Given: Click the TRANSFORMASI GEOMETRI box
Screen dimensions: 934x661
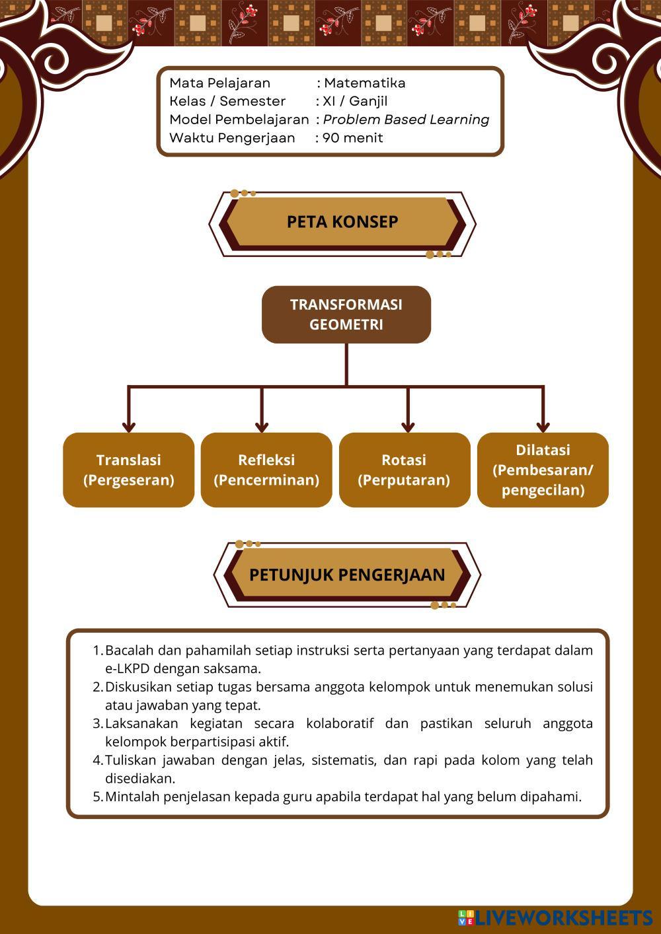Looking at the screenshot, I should point(346,314).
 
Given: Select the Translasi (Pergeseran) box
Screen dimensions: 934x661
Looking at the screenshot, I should point(129,470).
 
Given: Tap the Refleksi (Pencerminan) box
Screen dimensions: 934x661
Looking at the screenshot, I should point(266,470).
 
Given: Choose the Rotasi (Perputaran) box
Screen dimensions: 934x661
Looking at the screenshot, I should point(404,470).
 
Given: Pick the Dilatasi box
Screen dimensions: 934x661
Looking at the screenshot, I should point(543,470).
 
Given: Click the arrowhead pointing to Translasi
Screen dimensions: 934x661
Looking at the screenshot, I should point(129,426).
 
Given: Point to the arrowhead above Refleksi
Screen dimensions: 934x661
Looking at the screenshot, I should point(262,426).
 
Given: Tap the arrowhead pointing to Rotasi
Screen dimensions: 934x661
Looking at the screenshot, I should point(408,426).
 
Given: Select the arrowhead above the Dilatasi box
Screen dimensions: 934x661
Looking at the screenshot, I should point(543,426).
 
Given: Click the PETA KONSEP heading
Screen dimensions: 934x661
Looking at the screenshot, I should point(342,222).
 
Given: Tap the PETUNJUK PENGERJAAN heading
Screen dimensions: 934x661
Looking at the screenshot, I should point(347,575).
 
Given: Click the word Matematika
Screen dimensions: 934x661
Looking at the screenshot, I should point(365,83).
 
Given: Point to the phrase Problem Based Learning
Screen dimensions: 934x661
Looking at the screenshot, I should point(406,120).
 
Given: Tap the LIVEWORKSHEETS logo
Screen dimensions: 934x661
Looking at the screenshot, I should point(556,917).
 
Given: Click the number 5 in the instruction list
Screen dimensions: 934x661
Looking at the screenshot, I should point(97,797).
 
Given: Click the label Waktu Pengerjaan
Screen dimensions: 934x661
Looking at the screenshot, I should point(232,138).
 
